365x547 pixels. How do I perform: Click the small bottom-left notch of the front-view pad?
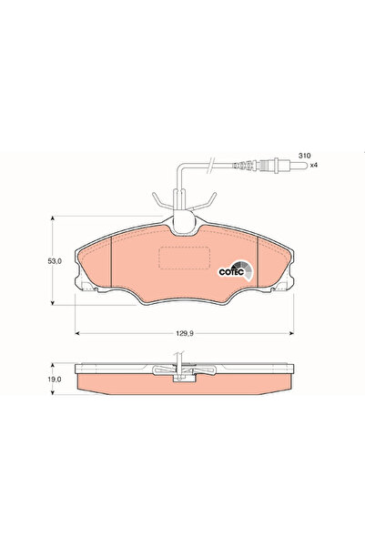(89, 289)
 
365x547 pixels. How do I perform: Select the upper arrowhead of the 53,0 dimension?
(52, 218)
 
